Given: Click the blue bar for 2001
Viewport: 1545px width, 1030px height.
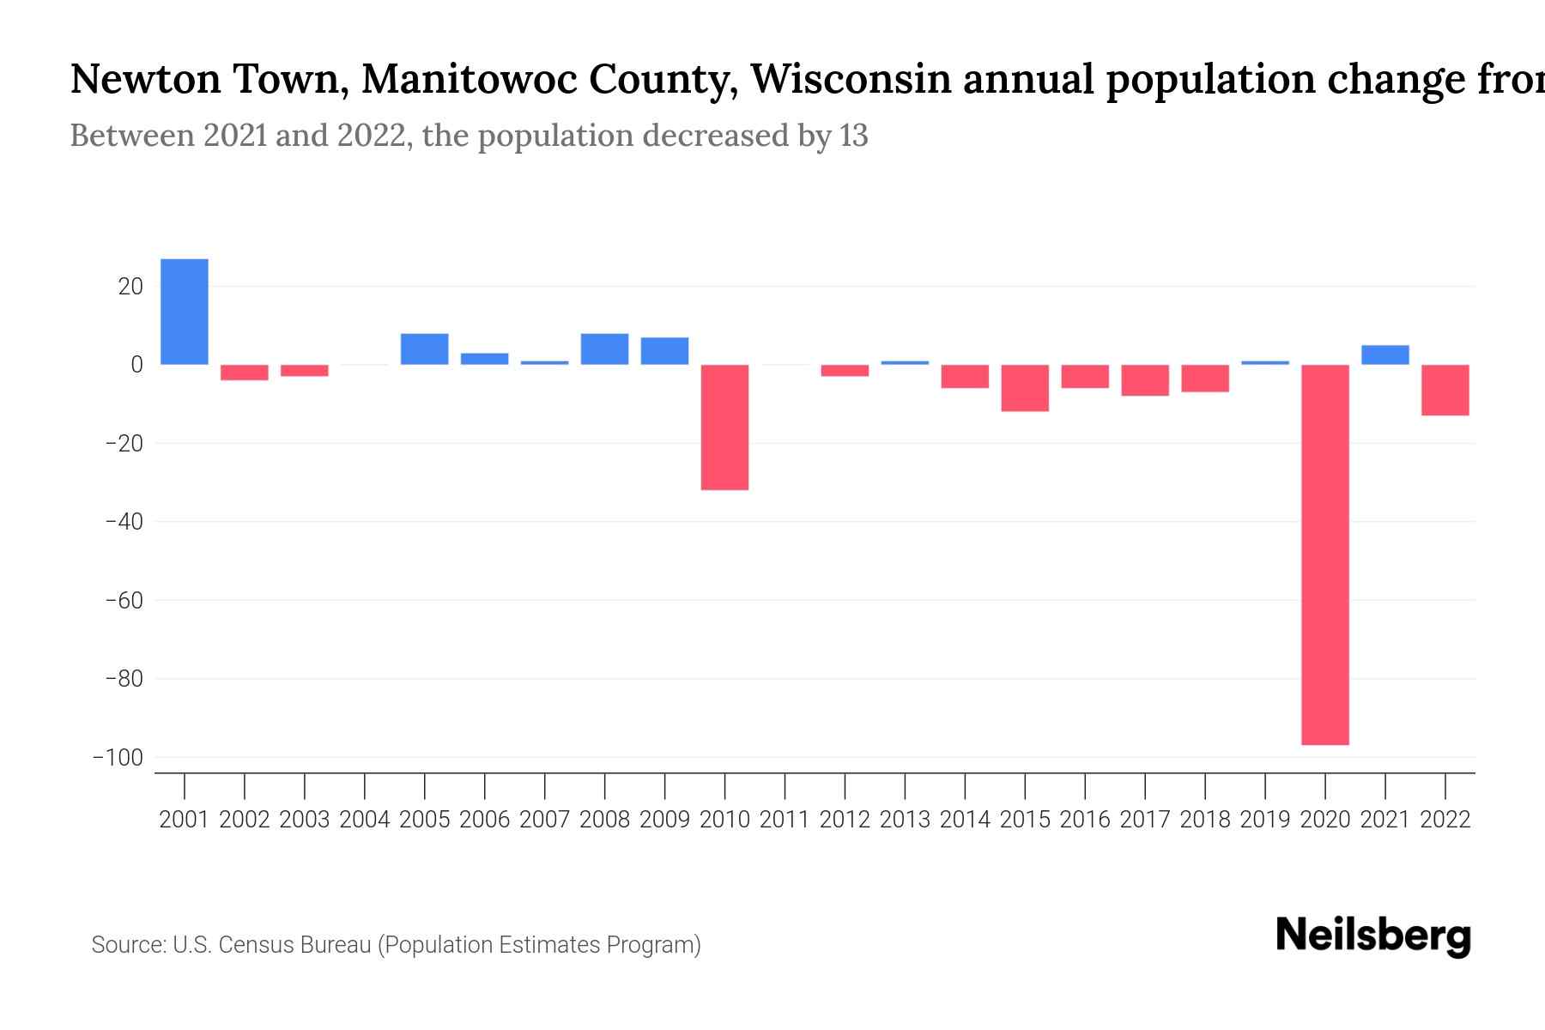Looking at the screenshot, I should click(185, 312).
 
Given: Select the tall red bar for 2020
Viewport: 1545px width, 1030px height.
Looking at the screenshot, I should click(1325, 554).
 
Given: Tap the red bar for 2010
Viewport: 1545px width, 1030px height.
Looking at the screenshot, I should click(724, 427).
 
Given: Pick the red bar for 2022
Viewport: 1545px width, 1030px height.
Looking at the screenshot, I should click(1445, 391).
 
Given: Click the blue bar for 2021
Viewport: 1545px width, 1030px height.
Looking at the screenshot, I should click(1385, 354).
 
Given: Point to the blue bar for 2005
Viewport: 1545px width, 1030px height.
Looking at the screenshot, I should click(425, 349).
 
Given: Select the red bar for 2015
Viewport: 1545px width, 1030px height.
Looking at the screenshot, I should click(1025, 388).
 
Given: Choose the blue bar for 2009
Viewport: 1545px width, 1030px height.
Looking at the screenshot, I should click(664, 351).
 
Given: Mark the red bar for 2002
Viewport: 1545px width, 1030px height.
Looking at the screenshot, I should click(245, 373).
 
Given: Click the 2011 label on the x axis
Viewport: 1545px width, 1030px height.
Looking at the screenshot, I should click(785, 820).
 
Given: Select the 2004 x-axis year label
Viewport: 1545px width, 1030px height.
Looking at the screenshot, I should click(365, 820).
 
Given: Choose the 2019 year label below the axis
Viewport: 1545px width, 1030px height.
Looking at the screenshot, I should click(1265, 820).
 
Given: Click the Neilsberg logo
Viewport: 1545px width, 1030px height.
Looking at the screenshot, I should click(1373, 936).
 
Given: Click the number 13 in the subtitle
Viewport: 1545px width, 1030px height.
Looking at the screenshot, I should click(854, 136).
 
